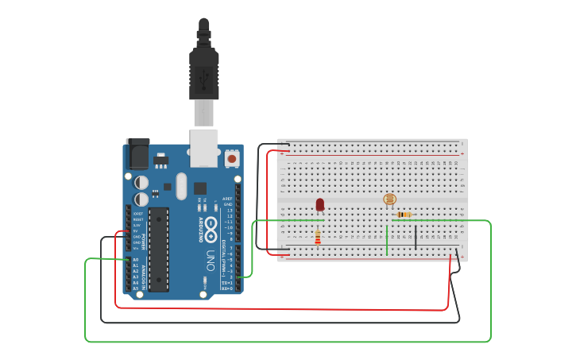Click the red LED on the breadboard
[320, 204]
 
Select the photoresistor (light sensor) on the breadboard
[389, 199]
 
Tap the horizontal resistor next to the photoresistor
[404, 215]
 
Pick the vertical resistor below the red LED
[319, 237]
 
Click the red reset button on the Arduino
[232, 158]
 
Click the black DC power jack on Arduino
[137, 153]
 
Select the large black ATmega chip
[158, 250]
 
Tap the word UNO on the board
[211, 261]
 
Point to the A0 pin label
[135, 260]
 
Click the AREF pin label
[228, 199]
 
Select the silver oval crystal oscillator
[181, 187]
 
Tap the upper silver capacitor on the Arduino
[141, 182]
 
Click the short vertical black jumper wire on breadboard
[415, 237]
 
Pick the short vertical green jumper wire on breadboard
[387, 240]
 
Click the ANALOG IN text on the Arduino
[141, 274]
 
